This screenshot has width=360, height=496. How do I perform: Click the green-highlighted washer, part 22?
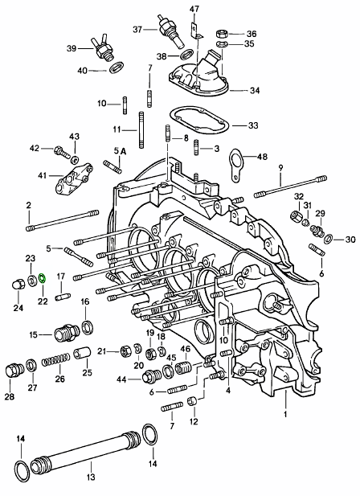pos(42,278)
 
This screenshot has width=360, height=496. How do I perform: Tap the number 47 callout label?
pos(194,9)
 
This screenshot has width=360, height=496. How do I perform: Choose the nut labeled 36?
pos(222,33)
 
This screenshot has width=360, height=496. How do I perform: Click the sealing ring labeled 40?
pos(117,68)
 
